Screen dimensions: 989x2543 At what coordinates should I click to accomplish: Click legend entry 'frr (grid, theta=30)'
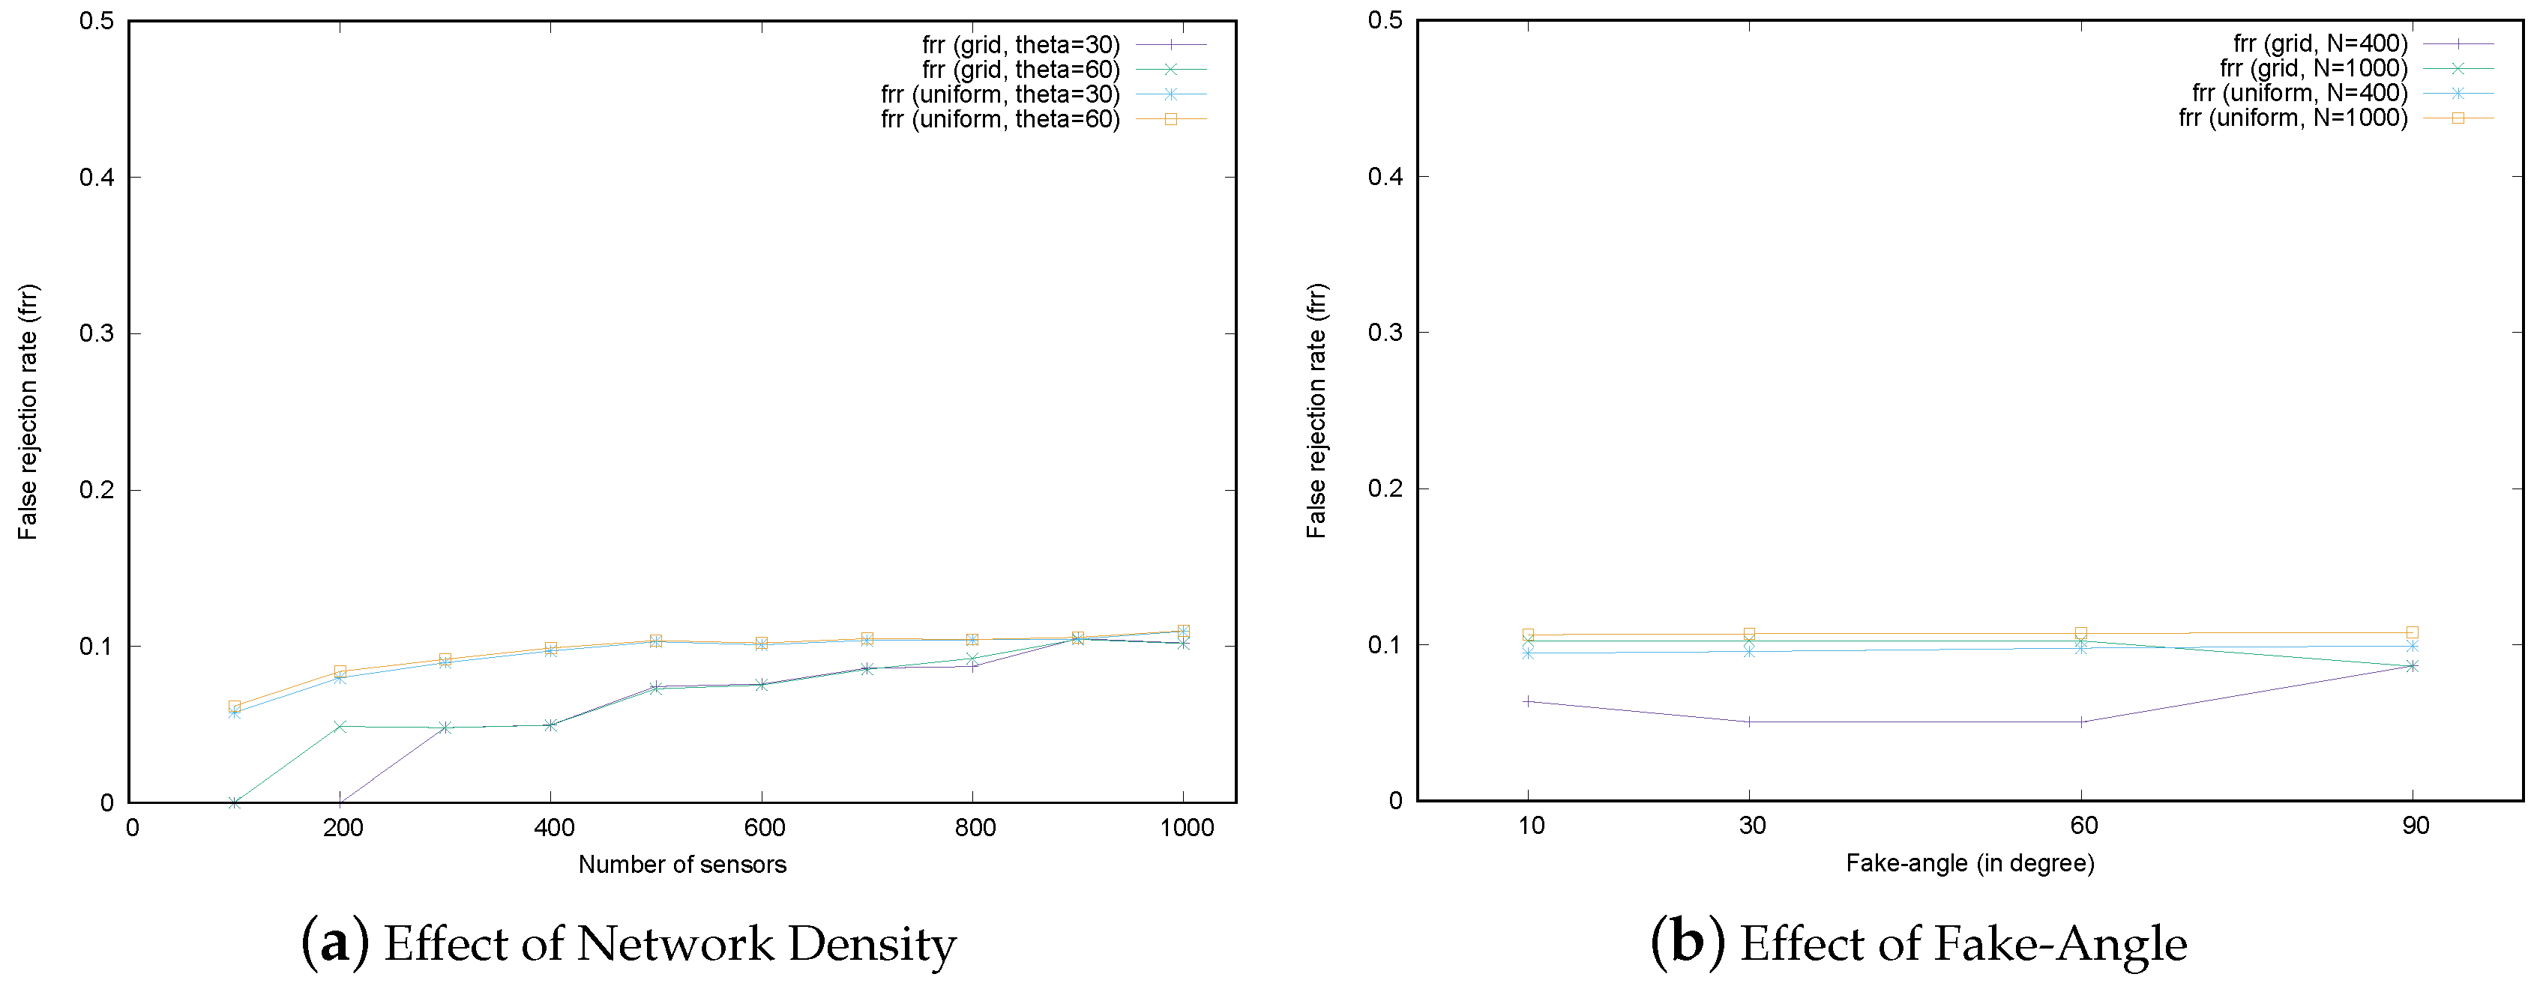(x=1021, y=44)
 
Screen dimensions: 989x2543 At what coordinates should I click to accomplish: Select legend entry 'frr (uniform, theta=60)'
(x=1000, y=119)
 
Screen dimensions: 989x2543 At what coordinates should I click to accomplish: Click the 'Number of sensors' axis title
(x=682, y=865)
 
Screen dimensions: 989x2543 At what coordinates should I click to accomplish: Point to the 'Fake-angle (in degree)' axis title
(x=1969, y=864)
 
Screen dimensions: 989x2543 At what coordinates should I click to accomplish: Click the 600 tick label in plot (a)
(x=764, y=827)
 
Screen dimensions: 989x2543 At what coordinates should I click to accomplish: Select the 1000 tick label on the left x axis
(x=1185, y=827)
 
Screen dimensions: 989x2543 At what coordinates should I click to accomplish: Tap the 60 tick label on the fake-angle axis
(x=2083, y=825)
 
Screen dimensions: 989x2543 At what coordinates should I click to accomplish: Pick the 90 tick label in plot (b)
(x=2415, y=825)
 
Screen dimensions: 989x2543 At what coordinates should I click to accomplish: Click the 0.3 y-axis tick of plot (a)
(x=97, y=333)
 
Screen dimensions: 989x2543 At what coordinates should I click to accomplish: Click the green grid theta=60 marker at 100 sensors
(x=235, y=802)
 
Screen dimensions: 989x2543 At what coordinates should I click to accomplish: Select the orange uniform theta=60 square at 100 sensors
(x=235, y=707)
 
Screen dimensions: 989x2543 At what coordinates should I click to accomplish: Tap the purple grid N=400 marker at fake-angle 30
(x=1749, y=722)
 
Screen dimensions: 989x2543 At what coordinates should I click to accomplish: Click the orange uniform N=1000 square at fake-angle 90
(x=2412, y=632)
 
